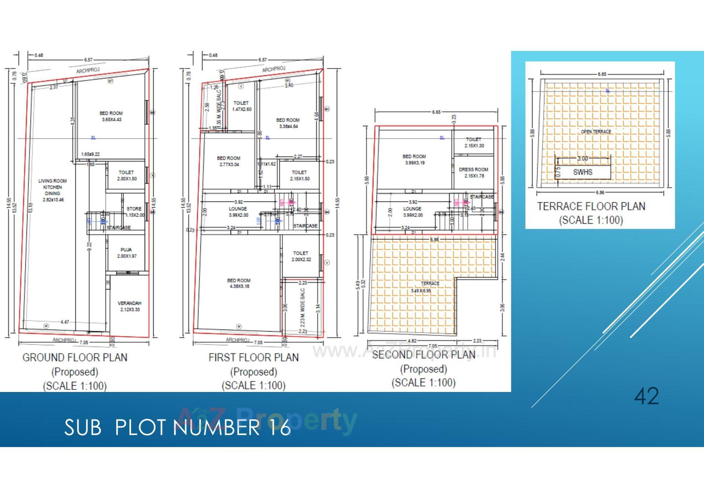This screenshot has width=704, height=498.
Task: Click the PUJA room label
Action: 126,253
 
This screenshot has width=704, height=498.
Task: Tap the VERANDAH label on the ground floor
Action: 129,306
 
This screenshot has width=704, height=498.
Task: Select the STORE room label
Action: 134,211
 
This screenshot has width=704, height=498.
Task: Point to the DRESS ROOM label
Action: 474,172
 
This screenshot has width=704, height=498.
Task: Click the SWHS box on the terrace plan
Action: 583,172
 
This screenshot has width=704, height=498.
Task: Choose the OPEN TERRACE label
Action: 596,131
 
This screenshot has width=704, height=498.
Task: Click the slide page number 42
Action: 646,396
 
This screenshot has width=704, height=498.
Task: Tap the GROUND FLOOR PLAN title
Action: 75,357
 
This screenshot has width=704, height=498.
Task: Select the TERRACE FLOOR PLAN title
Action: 591,206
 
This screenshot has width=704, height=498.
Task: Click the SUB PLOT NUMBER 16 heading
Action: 177,427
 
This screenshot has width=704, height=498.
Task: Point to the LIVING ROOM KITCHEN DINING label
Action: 53,190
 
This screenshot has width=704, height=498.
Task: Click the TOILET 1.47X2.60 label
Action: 242,106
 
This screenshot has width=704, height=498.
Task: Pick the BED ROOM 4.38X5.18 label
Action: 239,283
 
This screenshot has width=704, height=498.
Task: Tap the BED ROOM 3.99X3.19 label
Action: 414,159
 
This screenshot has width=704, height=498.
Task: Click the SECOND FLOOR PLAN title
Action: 423,355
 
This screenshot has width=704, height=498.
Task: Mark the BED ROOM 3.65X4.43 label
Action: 111,116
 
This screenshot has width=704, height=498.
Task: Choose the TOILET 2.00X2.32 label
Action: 301,256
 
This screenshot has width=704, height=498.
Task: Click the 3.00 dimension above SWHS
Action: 583,159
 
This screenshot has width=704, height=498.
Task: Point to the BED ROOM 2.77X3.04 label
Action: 229,161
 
